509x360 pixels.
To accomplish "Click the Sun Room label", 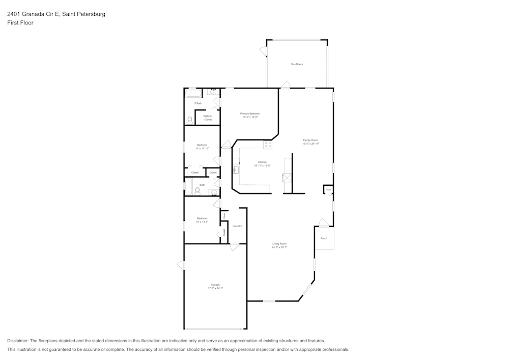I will (297, 64).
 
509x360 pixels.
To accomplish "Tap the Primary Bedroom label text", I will (250, 114).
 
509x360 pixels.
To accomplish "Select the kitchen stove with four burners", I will (267, 145).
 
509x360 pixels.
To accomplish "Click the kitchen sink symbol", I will (235, 170).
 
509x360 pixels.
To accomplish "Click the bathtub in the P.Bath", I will (193, 93).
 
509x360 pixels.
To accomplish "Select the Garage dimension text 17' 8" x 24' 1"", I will (215, 288).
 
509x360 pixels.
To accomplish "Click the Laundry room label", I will (237, 226).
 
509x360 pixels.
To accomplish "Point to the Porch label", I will (324, 238).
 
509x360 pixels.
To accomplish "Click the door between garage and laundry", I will (235, 247).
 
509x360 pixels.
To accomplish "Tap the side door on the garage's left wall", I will (181, 265).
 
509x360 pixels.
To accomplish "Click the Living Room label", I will (279, 244).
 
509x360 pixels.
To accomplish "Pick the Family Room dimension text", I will (310, 144).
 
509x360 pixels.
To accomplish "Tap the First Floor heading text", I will (20, 23).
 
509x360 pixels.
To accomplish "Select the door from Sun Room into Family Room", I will (286, 85).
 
